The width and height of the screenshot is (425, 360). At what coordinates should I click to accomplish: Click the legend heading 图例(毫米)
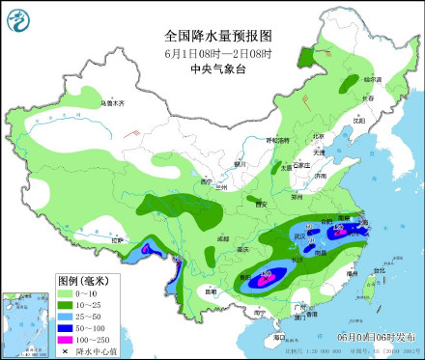tap(84, 278)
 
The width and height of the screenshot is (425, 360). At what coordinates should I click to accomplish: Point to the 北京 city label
tap(318, 136)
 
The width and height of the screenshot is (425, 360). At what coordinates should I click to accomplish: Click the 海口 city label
tap(279, 337)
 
